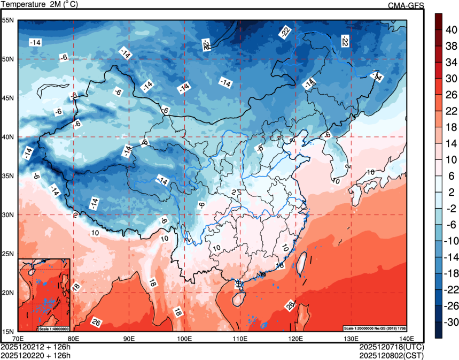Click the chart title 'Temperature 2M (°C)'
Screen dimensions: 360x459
(x=40, y=5)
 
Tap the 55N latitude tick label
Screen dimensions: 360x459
(x=8, y=20)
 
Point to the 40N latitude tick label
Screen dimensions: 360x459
(x=8, y=137)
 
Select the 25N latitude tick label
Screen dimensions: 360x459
(x=8, y=254)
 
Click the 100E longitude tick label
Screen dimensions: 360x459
(x=184, y=338)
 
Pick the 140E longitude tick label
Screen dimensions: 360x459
(x=407, y=338)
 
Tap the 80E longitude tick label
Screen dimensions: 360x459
(x=73, y=338)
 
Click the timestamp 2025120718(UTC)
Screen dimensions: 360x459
(x=394, y=347)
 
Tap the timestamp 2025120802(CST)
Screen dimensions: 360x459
(x=394, y=355)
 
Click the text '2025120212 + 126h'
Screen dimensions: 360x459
(x=36, y=347)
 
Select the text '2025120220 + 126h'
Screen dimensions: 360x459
(x=36, y=355)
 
